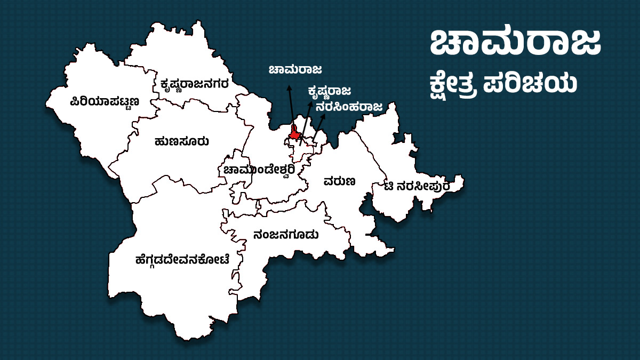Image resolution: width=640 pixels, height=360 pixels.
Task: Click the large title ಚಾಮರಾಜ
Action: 515,43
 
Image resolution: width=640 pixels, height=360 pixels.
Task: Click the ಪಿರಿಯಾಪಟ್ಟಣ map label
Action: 105,101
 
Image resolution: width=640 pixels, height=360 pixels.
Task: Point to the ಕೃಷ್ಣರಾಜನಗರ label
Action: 195,84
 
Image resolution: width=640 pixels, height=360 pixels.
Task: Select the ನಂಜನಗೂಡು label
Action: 286,234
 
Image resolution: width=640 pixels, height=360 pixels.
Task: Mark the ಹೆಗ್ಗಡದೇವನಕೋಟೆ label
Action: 182,260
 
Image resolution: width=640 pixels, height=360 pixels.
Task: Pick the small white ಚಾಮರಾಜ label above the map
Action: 295,70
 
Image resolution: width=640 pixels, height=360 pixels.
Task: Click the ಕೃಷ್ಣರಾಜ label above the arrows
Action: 329,91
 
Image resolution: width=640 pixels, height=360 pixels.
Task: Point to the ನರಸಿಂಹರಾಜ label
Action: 349,107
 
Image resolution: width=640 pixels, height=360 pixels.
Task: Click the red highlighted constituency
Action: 294,134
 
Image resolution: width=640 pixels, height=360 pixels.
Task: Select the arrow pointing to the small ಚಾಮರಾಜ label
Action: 291,107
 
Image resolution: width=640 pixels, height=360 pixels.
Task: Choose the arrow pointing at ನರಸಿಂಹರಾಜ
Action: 318,128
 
